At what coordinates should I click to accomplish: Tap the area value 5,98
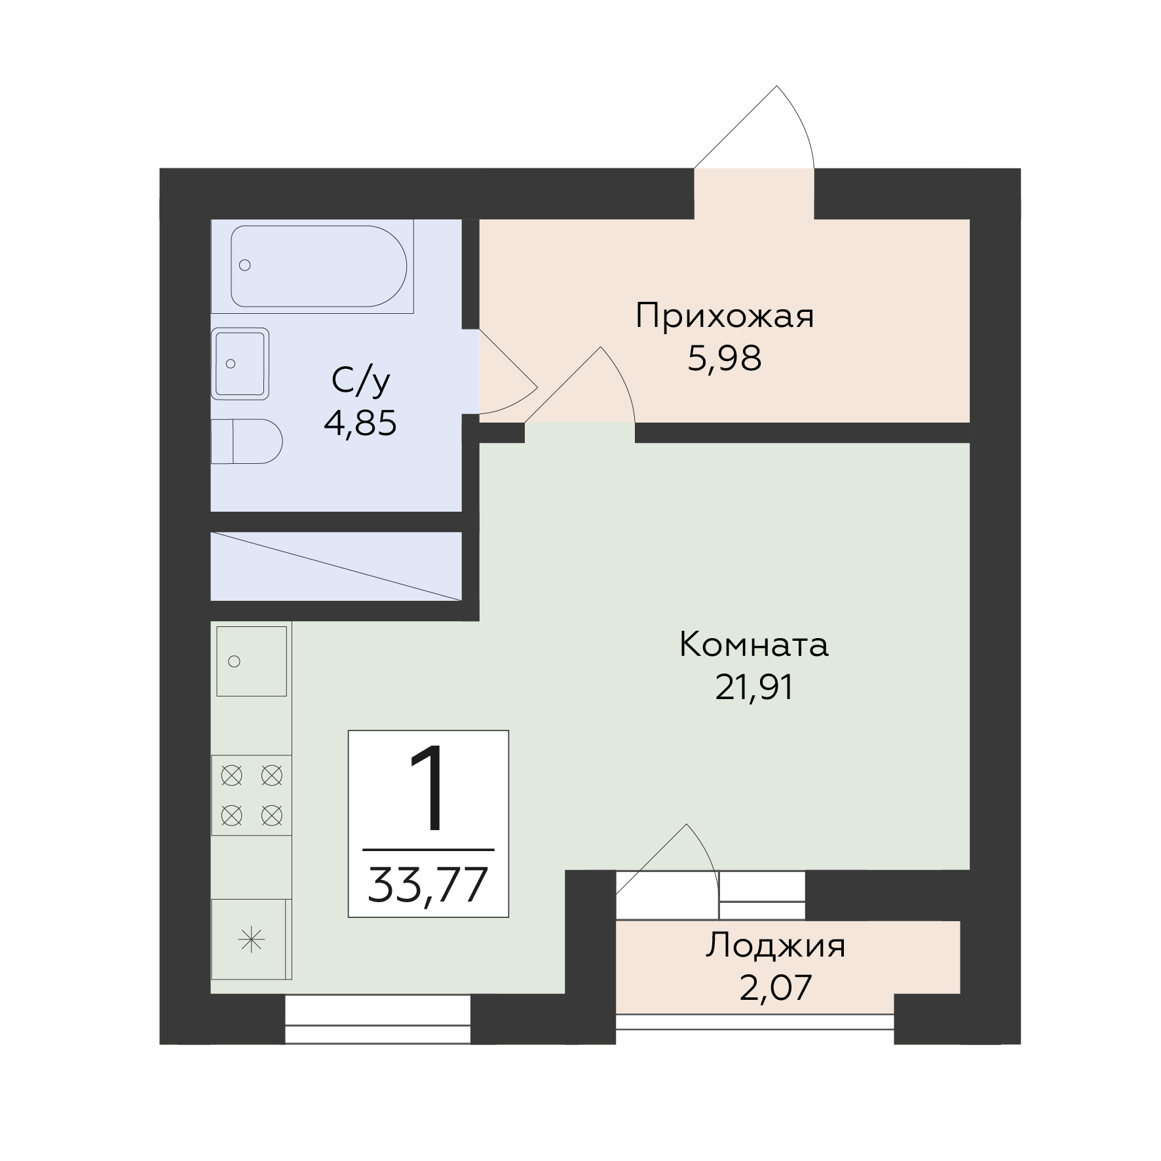(725, 358)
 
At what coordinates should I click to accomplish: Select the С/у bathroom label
(361, 382)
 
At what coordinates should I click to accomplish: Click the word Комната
(754, 645)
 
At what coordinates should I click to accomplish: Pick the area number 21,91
(754, 687)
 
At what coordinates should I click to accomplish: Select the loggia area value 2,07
(776, 987)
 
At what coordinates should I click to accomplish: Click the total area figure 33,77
(428, 885)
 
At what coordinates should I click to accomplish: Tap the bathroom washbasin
(240, 364)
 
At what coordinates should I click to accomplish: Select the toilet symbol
(246, 442)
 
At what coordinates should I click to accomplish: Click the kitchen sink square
(252, 661)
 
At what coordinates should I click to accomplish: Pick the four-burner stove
(251, 795)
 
